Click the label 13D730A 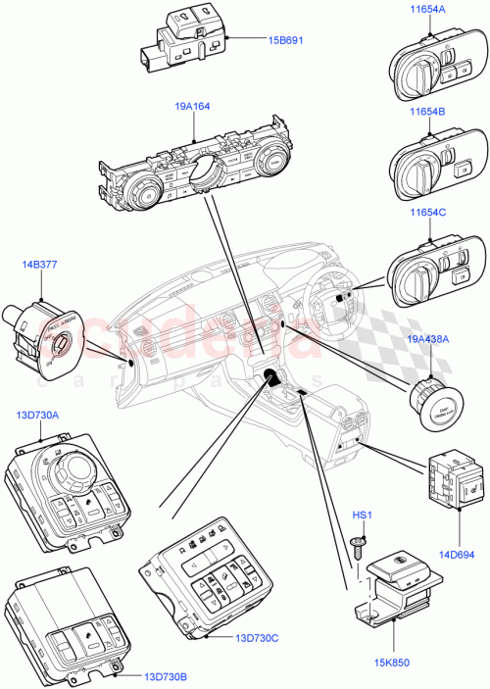coord(38,416)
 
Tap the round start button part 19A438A coord(431,403)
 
